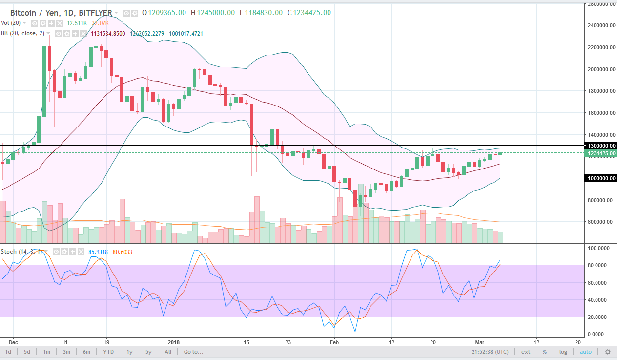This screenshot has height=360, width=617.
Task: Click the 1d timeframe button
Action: pos(8,352)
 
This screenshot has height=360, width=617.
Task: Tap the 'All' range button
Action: pos(168,352)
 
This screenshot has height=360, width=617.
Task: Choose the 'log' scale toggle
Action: pos(563,352)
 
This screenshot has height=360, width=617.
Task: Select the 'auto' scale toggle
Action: pos(585,352)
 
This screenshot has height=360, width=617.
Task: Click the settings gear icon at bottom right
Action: pos(608,352)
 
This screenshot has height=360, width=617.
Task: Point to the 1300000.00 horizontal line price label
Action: pos(600,146)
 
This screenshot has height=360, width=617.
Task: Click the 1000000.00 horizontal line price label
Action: pos(600,178)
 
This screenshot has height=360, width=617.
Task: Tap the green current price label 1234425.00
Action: pos(600,153)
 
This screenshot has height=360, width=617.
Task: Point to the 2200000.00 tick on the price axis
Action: pos(600,47)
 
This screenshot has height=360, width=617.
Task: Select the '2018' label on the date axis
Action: pos(174,342)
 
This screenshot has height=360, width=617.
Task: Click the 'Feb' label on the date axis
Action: pos(334,342)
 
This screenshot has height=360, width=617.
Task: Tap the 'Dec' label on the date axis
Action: pos(14,342)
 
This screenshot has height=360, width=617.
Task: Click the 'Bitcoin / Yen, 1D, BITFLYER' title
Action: pos(61,13)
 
